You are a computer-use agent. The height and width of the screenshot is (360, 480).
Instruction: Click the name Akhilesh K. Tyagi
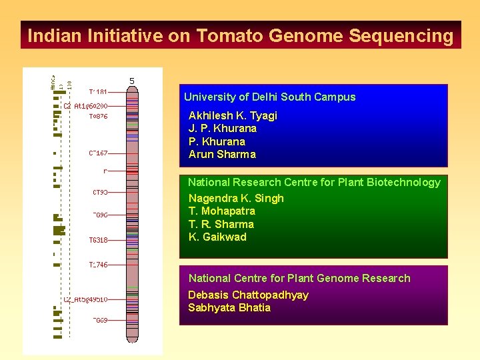point(233,115)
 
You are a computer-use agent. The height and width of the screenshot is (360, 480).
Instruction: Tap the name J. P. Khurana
point(223,128)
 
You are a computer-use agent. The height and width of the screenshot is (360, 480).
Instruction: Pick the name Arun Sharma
point(222,154)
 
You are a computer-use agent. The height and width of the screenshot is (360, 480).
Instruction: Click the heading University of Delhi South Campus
point(269,97)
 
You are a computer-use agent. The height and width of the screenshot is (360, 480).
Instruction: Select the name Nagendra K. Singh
point(236,198)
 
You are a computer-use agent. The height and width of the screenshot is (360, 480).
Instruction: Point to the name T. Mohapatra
point(221,211)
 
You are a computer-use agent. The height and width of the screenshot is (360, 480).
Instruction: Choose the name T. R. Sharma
point(221,224)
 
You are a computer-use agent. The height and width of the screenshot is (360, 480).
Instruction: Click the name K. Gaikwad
point(217,237)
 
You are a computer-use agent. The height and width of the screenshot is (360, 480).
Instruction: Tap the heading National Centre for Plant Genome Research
point(299,278)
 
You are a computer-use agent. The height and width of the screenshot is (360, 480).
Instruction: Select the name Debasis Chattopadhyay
point(248,295)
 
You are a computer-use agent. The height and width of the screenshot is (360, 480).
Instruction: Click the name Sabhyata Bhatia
point(229,307)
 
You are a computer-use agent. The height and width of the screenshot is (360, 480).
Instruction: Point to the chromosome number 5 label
point(132,81)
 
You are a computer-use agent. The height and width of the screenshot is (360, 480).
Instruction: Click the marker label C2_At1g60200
point(86,105)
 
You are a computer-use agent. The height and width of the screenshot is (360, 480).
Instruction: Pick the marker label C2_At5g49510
point(86,299)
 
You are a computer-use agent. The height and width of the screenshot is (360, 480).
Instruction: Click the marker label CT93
point(100,192)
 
